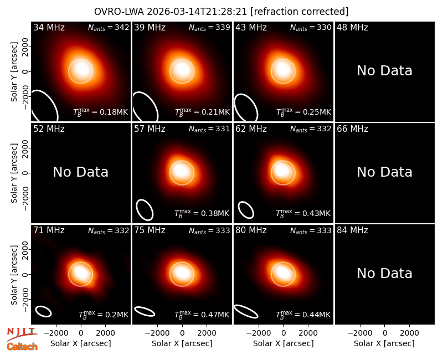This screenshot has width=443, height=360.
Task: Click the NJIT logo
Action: pos(22,334)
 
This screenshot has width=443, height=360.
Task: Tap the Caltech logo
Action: pos(22,347)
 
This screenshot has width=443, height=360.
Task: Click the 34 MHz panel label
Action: pos(49,27)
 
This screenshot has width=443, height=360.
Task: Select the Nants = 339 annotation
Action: pos(209,27)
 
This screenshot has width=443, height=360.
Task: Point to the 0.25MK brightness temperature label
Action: pos(303,112)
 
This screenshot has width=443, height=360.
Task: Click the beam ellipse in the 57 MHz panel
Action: pos(145,210)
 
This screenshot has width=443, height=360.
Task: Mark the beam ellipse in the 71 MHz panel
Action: pos(43,311)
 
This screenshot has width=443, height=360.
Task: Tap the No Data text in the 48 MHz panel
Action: pos(384,71)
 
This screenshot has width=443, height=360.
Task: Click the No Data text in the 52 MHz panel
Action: pos(80,172)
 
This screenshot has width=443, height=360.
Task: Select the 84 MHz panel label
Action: pos(352,230)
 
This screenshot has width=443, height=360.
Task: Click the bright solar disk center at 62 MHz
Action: pos(283,172)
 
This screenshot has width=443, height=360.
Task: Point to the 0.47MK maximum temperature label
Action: pos(202,315)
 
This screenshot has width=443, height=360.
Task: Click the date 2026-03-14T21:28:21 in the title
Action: pos(197,12)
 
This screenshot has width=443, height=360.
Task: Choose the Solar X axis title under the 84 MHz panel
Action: pos(384,343)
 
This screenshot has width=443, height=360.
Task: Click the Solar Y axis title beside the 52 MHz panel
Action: pos(14,173)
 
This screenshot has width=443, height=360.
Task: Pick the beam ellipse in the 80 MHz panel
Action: pos(246,311)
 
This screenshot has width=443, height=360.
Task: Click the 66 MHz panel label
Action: pos(352,129)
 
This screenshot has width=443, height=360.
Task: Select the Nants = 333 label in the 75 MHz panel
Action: pos(209,230)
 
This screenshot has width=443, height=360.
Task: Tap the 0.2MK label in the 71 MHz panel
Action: pos(104,315)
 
